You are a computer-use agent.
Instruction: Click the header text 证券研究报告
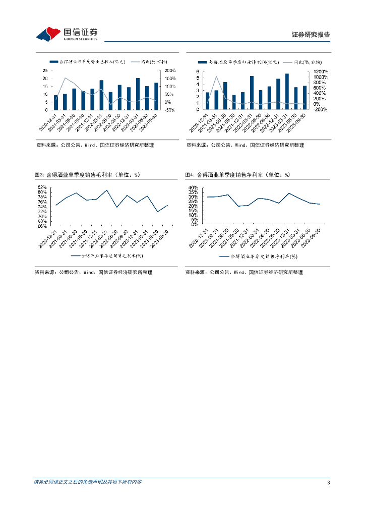point(311,35)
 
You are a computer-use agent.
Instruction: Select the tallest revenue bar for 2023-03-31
point(138,94)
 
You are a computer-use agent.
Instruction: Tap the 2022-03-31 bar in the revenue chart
point(101,95)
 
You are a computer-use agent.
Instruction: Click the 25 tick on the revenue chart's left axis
point(45,71)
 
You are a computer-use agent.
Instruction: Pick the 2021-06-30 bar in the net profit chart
point(225,96)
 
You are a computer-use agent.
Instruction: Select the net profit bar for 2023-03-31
point(287,91)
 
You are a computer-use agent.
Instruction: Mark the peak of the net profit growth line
point(216,77)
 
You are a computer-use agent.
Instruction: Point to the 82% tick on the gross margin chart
point(42,187)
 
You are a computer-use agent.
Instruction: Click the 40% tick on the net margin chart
point(192,187)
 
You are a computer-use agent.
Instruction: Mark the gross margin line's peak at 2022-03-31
point(107,190)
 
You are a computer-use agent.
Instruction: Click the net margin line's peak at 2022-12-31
point(289,193)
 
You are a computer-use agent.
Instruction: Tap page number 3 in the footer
point(328,483)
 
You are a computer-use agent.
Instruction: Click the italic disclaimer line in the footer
point(88,482)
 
